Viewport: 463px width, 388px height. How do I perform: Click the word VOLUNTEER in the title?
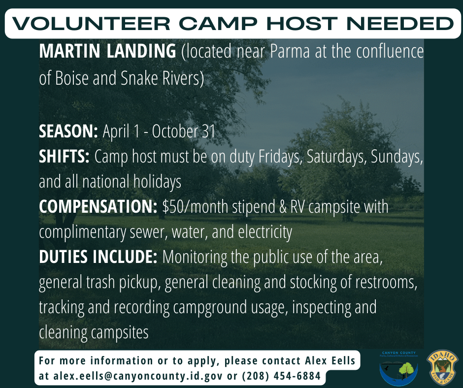pyautogui.click(x=91, y=24)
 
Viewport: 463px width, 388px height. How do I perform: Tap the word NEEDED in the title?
pyautogui.click(x=400, y=24)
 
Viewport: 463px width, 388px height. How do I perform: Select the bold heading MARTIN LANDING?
pyautogui.click(x=107, y=51)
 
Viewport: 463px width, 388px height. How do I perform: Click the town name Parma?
pyautogui.click(x=290, y=51)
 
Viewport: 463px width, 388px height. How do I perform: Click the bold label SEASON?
pyautogui.click(x=68, y=131)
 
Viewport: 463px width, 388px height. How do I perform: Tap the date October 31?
pyautogui.click(x=184, y=131)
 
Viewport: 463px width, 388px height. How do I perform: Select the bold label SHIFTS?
pyautogui.click(x=64, y=157)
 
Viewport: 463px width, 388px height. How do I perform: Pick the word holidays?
pyautogui.click(x=157, y=182)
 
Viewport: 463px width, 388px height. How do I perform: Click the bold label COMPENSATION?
pyautogui.click(x=98, y=207)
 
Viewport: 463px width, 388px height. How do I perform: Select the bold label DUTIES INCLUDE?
pyautogui.click(x=98, y=257)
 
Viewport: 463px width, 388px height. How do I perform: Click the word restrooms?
pyautogui.click(x=386, y=282)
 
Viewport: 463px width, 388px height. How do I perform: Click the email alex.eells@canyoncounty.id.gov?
pyautogui.click(x=138, y=376)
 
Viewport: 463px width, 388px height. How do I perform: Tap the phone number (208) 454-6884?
pyautogui.click(x=281, y=376)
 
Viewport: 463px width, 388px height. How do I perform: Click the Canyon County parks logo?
pyautogui.click(x=398, y=368)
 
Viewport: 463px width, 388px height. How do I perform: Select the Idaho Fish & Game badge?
pyautogui.click(x=442, y=368)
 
